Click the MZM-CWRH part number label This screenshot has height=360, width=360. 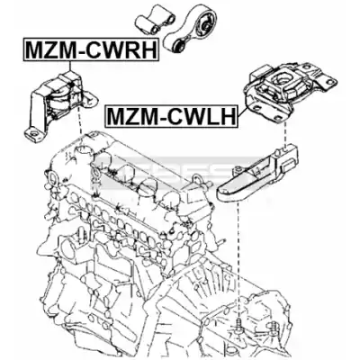91,49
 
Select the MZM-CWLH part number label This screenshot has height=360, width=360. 172,116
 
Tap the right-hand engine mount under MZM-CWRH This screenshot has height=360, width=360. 61,105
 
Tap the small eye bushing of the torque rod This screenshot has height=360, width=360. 179,46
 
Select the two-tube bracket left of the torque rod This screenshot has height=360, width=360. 152,19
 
